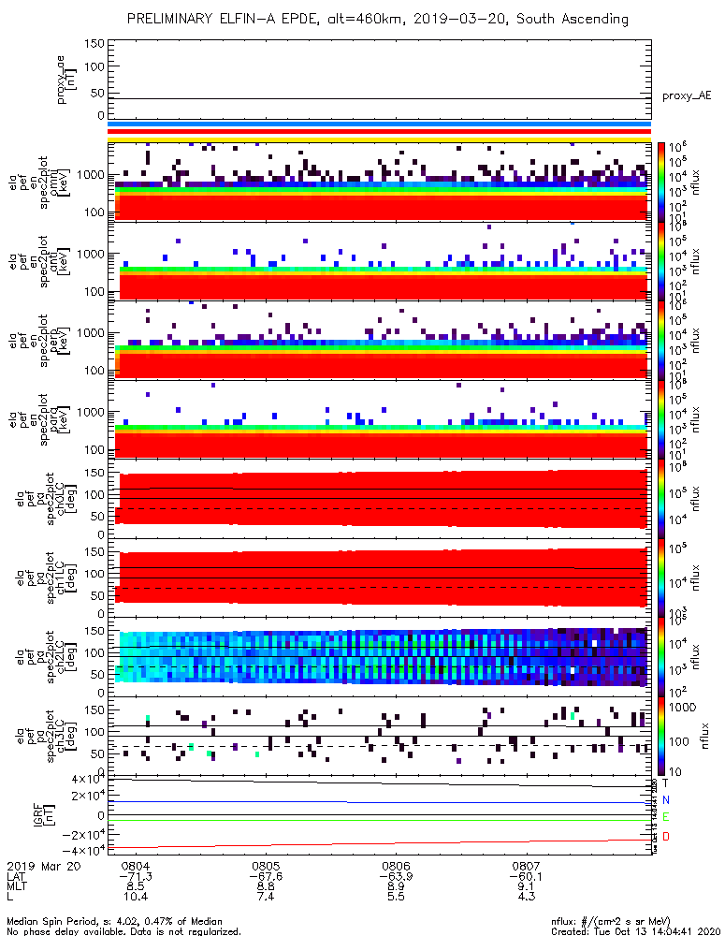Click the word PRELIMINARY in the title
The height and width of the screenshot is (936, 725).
174,19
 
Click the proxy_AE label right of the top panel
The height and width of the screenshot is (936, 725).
688,96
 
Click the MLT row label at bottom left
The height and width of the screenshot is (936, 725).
19,887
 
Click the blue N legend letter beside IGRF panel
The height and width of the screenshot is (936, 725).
666,800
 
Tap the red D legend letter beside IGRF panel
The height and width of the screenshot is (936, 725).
666,835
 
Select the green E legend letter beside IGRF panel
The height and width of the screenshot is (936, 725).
666,817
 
